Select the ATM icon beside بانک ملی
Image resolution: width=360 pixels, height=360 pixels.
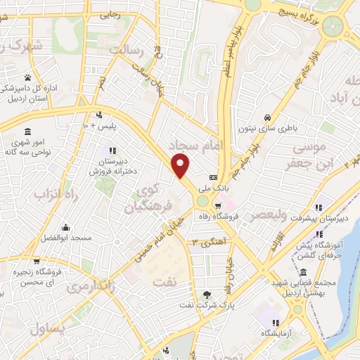214,177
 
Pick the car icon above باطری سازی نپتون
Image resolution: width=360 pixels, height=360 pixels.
267,117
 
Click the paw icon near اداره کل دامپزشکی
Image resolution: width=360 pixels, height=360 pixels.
27,77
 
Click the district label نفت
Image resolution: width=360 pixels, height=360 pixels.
166,280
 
